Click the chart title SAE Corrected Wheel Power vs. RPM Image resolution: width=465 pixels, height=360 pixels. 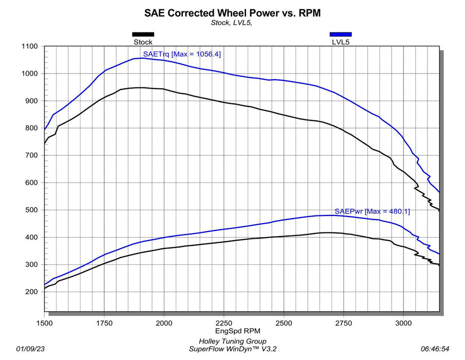coord(232,13)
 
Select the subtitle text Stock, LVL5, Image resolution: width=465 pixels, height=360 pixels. coord(231,23)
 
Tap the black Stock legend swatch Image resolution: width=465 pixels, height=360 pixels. coord(143,34)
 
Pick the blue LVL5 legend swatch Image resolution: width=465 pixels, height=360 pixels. coord(341,34)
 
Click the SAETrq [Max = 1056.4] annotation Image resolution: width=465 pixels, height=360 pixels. coord(182,54)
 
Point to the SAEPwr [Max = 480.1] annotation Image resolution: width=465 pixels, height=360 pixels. coord(372,211)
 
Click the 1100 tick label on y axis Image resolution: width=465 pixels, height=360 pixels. coord(30,46)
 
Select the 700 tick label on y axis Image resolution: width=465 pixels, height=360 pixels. coord(31,155)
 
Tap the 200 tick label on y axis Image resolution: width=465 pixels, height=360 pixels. coord(31,292)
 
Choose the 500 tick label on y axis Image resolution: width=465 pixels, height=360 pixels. coord(31,210)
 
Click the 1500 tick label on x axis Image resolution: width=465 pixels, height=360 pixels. coord(45,323)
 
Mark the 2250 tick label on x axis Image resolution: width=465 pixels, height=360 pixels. coord(224,323)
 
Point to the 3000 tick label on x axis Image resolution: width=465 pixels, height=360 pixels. coord(403,323)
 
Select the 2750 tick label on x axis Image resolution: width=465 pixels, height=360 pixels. coord(343,323)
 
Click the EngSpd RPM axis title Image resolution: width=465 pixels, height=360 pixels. coord(237,331)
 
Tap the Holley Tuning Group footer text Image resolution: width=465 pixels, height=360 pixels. coord(232,341)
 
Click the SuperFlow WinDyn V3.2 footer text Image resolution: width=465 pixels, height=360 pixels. coord(232,349)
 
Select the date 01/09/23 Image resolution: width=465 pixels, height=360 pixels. coord(30,349)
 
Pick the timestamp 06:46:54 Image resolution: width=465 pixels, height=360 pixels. coord(435,349)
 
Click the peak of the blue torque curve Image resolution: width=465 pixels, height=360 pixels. coord(143,58)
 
